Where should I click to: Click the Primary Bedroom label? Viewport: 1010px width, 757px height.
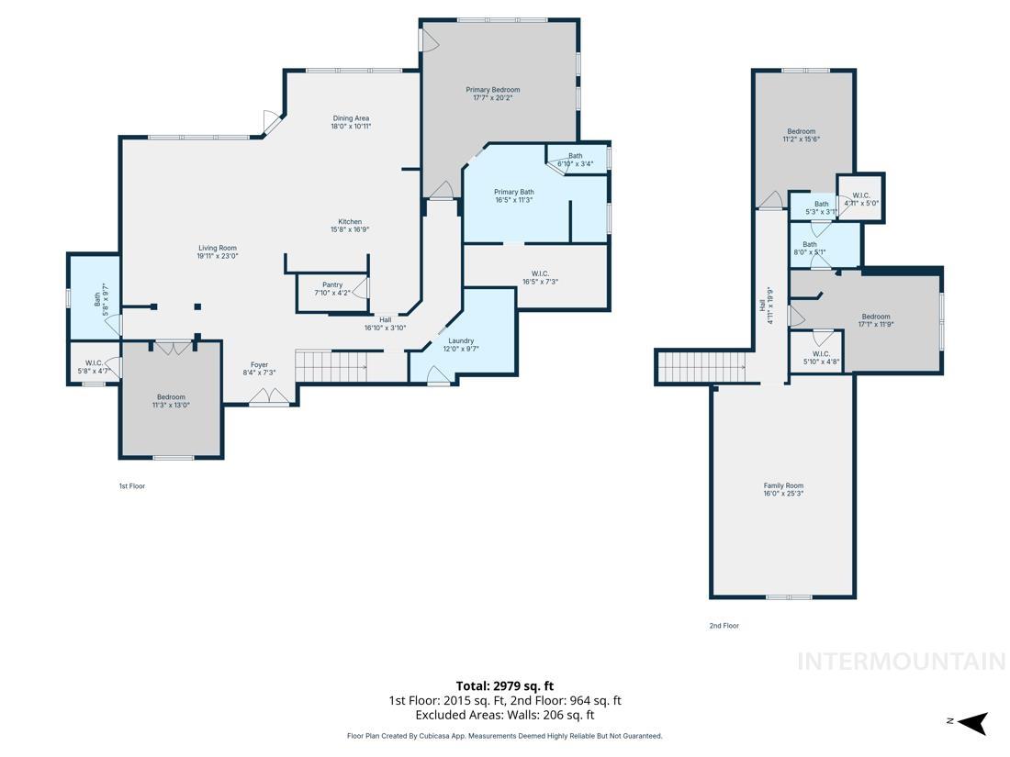click(x=492, y=90)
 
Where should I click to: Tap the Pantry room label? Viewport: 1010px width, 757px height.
click(x=331, y=284)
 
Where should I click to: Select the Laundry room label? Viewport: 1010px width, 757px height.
click(x=461, y=340)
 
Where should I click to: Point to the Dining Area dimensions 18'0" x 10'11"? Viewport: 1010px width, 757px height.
click(x=350, y=127)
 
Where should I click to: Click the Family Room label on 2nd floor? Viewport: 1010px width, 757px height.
click(x=783, y=485)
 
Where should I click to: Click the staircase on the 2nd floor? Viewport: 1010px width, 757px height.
click(x=703, y=367)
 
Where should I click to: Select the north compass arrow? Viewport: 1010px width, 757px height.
click(x=973, y=723)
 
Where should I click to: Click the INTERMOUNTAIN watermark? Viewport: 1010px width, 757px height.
click(x=901, y=661)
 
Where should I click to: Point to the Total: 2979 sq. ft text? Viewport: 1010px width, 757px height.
click(x=504, y=685)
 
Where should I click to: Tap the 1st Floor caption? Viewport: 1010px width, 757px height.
click(x=131, y=486)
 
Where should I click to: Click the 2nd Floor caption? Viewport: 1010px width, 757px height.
click(x=724, y=626)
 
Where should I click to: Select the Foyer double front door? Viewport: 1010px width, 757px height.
click(x=269, y=396)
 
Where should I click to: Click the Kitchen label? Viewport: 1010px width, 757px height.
click(x=350, y=222)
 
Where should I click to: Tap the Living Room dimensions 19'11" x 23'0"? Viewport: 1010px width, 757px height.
click(x=217, y=257)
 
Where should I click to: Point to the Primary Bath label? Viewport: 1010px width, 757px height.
click(x=513, y=192)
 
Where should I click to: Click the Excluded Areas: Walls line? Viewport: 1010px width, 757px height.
click(x=504, y=715)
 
